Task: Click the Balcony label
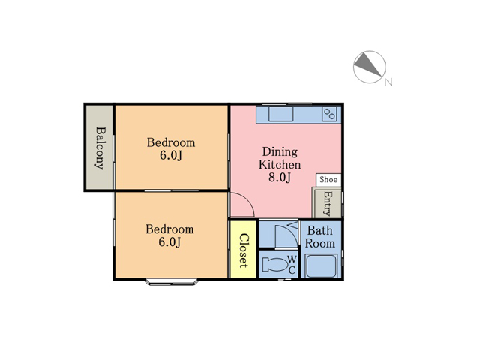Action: coord(100,148)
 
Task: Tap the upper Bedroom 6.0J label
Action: coord(171,149)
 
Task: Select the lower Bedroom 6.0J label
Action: coord(169,235)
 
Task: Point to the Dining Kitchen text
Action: coord(280,158)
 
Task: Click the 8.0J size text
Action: coord(280,178)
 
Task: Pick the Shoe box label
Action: coord(328,180)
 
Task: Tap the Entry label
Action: coord(328,203)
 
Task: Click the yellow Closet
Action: coord(243,250)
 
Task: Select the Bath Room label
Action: coord(320,237)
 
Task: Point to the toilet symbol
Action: coord(275,264)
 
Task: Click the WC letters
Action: coord(292,265)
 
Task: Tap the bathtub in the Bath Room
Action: coord(322,265)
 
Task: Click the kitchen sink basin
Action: coord(280,114)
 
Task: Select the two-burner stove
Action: coord(329,114)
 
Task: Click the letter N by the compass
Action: coord(388,82)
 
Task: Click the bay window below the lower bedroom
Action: coord(172,282)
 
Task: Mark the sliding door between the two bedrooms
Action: coord(172,190)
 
